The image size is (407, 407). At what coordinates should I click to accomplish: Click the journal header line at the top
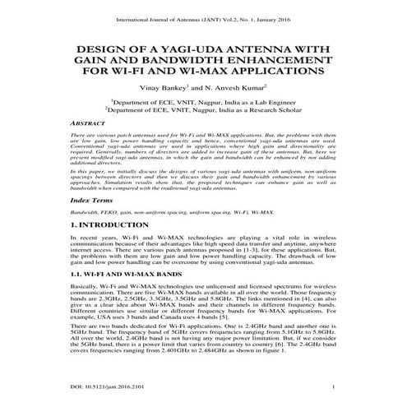[203, 14]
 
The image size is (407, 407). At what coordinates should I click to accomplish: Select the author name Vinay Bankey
[164, 86]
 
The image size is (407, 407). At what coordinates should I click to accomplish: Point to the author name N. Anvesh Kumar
[241, 86]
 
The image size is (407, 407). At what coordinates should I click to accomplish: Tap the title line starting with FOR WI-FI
[203, 72]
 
